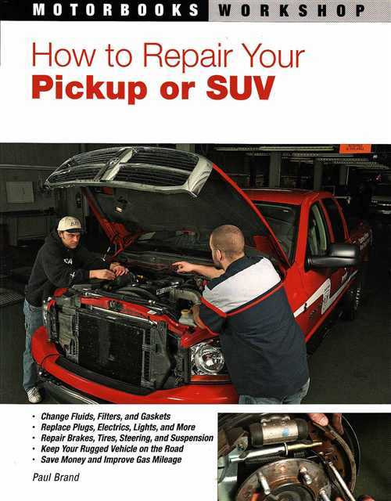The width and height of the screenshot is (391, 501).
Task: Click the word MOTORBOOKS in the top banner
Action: (x=115, y=11)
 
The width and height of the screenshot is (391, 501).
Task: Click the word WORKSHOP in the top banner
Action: (x=290, y=11)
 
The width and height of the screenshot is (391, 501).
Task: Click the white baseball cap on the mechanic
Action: (x=70, y=224)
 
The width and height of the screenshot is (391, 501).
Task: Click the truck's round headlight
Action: (x=207, y=358)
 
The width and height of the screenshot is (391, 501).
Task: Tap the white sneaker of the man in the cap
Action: (x=33, y=395)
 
